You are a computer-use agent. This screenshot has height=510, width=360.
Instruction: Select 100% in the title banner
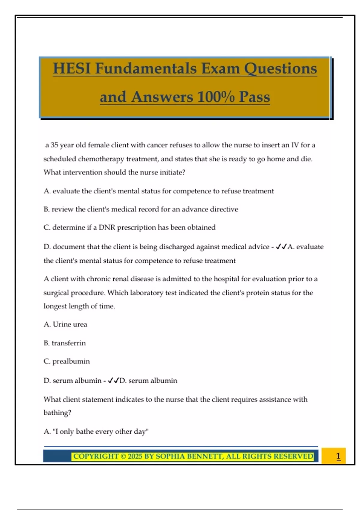216,97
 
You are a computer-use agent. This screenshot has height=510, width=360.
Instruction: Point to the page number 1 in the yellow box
338,456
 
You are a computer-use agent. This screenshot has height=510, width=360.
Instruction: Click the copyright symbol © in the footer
123,456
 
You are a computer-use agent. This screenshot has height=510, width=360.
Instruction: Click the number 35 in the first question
54,145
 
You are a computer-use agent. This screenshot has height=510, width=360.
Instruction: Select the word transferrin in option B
68,343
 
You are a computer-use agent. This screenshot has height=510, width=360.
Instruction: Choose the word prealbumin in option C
71,361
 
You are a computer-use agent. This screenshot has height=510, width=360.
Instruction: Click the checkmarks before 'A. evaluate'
281,247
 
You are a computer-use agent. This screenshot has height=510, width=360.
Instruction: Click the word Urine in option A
62,324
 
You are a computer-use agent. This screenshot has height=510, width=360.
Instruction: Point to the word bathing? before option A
57,413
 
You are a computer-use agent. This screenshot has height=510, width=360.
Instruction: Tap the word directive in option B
224,209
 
